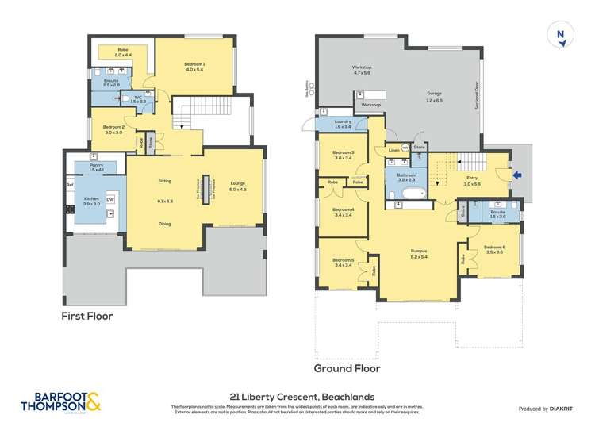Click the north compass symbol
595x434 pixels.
(x=561, y=35)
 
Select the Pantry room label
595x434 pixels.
(x=97, y=167)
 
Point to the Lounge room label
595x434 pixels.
(x=238, y=185)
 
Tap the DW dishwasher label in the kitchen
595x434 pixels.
(x=109, y=199)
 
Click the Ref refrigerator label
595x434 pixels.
(x=70, y=186)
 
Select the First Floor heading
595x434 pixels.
(x=87, y=316)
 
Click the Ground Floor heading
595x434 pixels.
(x=347, y=368)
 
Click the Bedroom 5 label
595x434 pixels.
(x=343, y=263)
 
